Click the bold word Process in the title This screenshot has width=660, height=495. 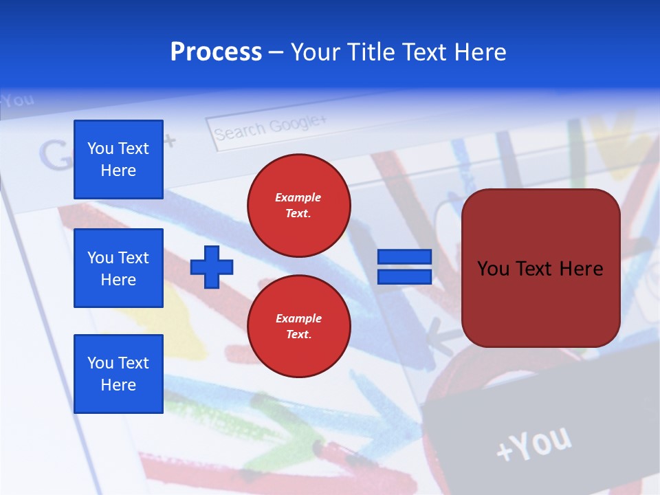[216, 52]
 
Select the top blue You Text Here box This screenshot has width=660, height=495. [118, 159]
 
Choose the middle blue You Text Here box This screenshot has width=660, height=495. [118, 268]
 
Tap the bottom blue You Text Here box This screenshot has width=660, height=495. [118, 374]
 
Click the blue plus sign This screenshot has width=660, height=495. [212, 267]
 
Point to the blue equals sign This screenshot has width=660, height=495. [404, 267]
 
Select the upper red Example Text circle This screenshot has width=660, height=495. [299, 206]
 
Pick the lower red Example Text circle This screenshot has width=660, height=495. [299, 327]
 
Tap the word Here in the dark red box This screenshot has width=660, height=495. [581, 269]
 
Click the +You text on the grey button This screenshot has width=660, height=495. [533, 443]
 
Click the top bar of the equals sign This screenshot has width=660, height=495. [404, 257]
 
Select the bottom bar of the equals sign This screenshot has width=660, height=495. [404, 276]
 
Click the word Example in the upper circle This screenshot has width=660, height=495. [298, 197]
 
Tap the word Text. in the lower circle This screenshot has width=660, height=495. [298, 335]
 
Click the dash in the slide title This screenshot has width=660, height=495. [276, 52]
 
